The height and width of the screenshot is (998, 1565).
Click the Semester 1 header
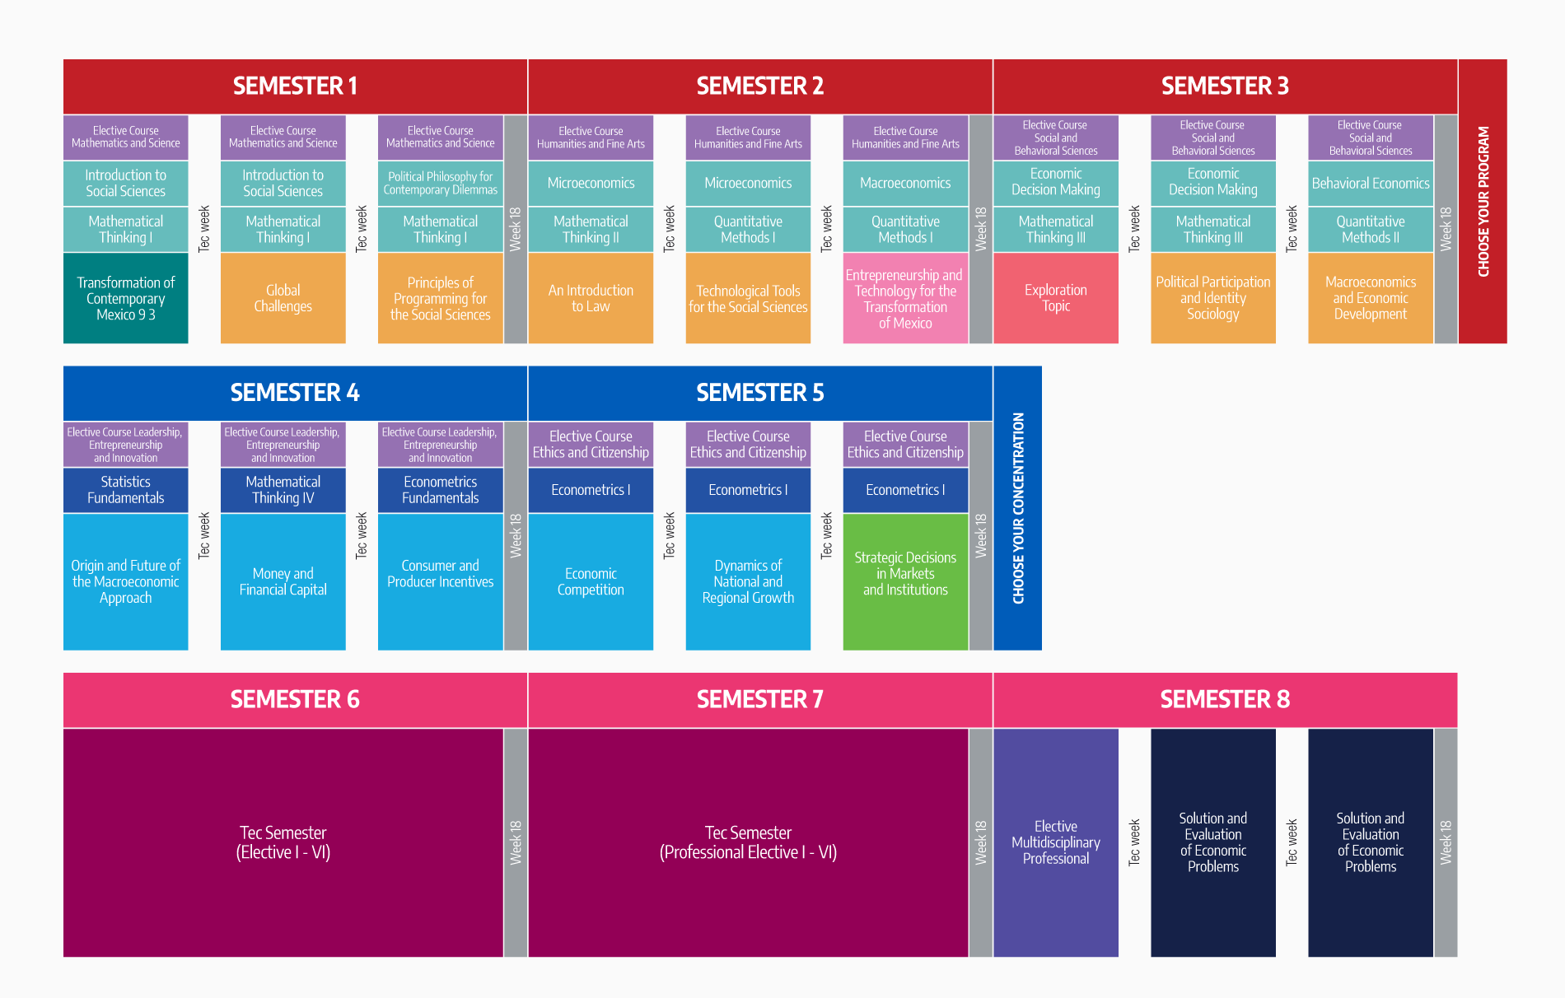pos(295,86)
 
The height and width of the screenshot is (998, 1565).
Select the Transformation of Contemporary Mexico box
pos(126,298)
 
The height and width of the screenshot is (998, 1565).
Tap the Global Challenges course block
pos(283,298)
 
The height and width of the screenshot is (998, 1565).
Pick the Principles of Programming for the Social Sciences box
pos(441,298)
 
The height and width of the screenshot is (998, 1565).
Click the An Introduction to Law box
pos(591,298)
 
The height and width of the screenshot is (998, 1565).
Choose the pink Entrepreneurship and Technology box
pos(905,298)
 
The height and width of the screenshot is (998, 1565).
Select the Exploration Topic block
pos(1056,298)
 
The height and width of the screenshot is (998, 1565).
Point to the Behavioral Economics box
pos(1371,184)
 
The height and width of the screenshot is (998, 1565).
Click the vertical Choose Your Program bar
pos(1483,201)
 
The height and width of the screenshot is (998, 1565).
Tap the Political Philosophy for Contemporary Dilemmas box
pos(441,184)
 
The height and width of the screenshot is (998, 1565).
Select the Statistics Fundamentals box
pos(126,490)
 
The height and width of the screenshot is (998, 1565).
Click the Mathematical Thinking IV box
pos(283,490)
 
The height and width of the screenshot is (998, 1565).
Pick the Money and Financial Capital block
pos(283,582)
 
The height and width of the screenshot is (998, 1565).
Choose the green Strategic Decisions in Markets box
pos(905,582)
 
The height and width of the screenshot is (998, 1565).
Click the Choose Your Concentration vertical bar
pos(1018,508)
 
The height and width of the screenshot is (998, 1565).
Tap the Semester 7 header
pos(760,700)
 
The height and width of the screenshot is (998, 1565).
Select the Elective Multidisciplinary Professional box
pos(1056,842)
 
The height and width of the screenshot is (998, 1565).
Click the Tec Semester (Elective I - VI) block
pos(283,842)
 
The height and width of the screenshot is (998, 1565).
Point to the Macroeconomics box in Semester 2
pos(905,184)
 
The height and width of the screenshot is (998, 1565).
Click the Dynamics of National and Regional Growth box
pos(748,582)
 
